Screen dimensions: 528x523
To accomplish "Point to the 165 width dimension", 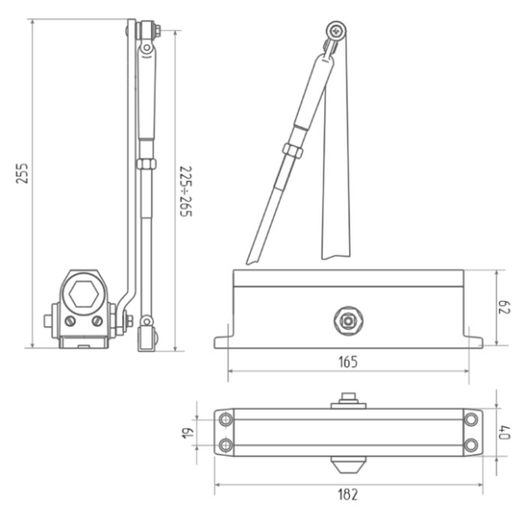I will point(348,361).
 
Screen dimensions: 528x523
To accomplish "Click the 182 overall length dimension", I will point(348,495).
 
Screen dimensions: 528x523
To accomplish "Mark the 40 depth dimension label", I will point(504,432).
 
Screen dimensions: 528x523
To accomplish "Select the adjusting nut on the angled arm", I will point(293,150).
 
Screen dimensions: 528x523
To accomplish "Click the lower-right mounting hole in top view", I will point(471,445).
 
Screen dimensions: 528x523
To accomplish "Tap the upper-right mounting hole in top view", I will point(471,419).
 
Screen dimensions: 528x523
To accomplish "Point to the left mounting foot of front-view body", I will point(222,341).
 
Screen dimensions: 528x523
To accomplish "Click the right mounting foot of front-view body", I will point(475,341).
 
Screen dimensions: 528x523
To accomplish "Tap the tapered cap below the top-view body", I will point(349,464).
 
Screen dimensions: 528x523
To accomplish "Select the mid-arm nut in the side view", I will point(147,164).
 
